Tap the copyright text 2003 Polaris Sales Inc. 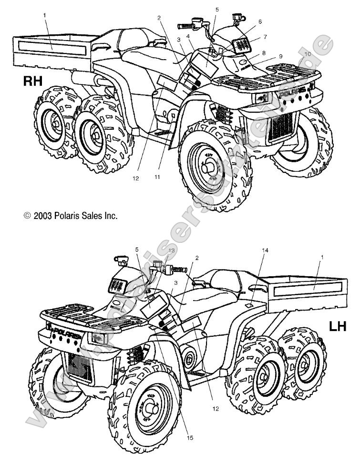[x=71, y=216]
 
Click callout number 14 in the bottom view [x=266, y=250]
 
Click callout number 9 [x=281, y=56]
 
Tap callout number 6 [x=260, y=21]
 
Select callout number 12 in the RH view [x=136, y=178]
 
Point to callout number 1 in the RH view [x=44, y=15]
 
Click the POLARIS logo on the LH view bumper [x=67, y=330]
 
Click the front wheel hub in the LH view [x=154, y=408]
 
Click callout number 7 [x=265, y=37]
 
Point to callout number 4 [x=189, y=36]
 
